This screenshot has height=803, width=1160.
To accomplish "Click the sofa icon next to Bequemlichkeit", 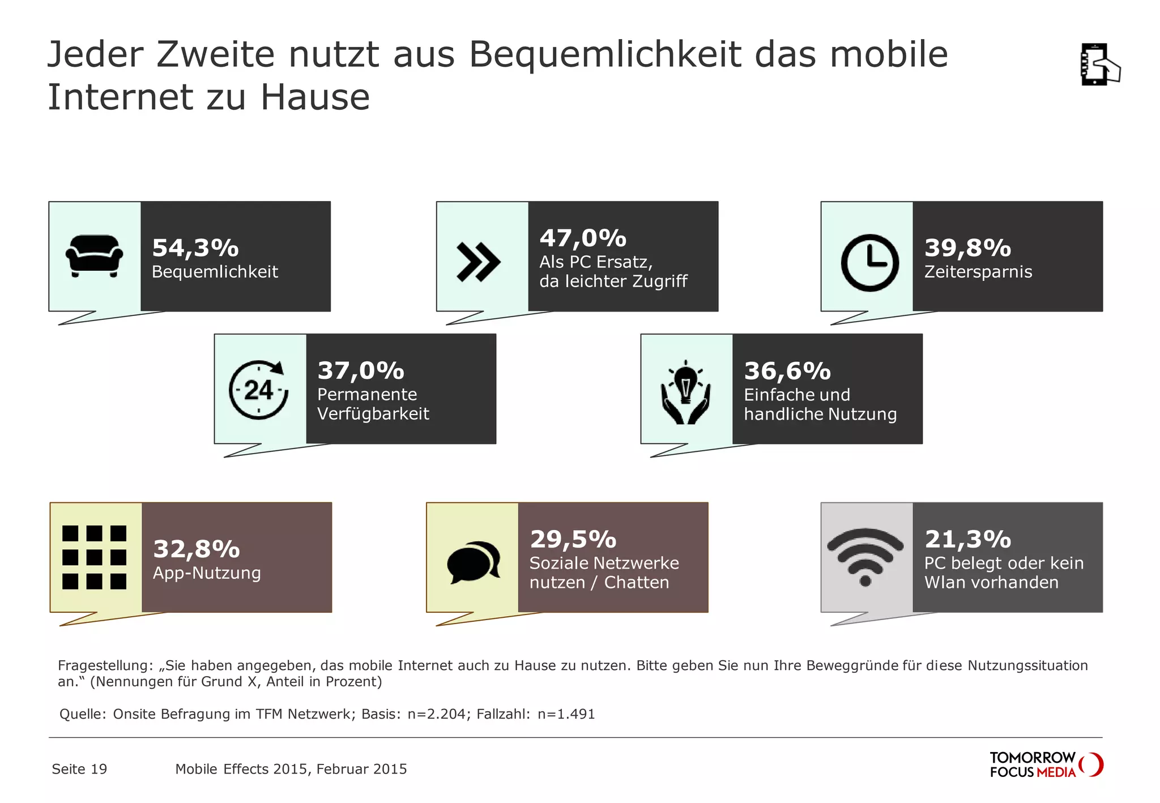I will pyautogui.click(x=94, y=256).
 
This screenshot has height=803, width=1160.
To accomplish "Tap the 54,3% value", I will pyautogui.click(x=195, y=247).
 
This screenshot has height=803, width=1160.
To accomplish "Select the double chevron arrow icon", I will pyautogui.click(x=479, y=262).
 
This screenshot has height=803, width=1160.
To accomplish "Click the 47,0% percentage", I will pyautogui.click(x=583, y=238).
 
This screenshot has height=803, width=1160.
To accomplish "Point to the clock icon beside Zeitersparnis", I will pyautogui.click(x=869, y=263).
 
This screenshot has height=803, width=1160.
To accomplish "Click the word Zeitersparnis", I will pyautogui.click(x=978, y=272).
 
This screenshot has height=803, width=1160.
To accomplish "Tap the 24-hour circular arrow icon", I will pyautogui.click(x=259, y=390).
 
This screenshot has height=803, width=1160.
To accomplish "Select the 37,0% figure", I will pyautogui.click(x=361, y=370).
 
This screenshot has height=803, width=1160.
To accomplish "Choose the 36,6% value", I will pyautogui.click(x=787, y=371).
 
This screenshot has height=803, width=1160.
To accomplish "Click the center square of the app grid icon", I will pyautogui.click(x=94, y=557).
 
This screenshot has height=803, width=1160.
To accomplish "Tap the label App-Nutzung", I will pyautogui.click(x=207, y=573).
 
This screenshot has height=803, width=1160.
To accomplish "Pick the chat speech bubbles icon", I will pyautogui.click(x=474, y=562).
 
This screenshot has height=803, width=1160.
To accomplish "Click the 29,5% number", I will pyautogui.click(x=573, y=539).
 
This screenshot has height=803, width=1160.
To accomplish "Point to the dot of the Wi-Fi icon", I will pyautogui.click(x=865, y=580).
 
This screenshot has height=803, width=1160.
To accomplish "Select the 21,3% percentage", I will pyautogui.click(x=967, y=539).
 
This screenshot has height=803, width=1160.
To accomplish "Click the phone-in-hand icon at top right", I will pyautogui.click(x=1099, y=64).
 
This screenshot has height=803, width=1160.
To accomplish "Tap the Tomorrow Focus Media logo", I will pyautogui.click(x=1046, y=764).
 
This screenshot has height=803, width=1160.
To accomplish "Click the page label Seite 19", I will pyautogui.click(x=79, y=769).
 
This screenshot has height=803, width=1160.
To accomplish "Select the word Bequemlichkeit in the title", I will pyautogui.click(x=604, y=54).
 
